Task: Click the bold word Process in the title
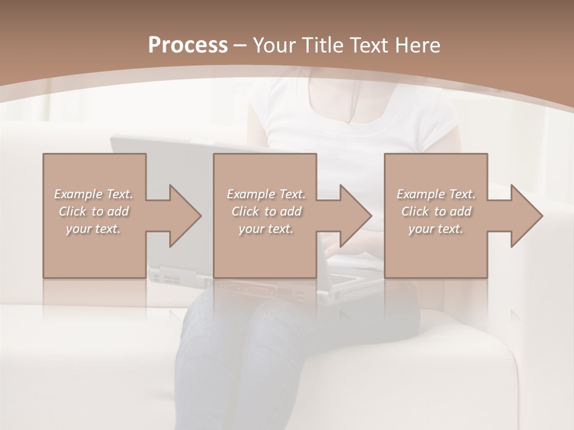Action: click(x=188, y=45)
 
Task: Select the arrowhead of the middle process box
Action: click(x=355, y=216)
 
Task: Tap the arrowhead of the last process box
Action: click(x=526, y=216)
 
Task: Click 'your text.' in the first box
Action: click(x=93, y=228)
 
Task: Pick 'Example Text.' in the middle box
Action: click(x=266, y=194)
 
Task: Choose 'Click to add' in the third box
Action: click(x=436, y=211)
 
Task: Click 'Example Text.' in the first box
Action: click(x=93, y=194)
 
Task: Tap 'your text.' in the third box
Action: click(x=436, y=228)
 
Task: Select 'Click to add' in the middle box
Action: click(x=266, y=211)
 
